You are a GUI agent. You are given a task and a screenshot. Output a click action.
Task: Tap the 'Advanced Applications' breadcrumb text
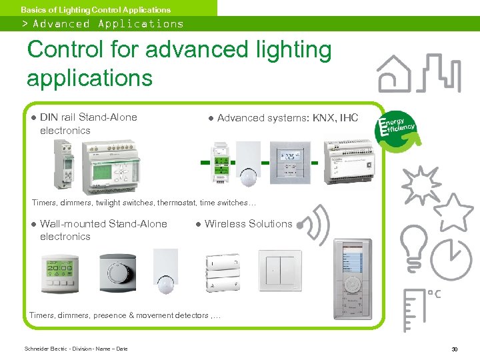(107, 24)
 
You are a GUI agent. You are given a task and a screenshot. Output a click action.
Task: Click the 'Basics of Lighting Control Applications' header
(95, 9)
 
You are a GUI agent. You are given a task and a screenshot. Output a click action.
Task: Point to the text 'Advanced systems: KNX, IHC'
(287, 118)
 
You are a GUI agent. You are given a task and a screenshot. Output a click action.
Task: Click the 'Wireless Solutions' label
(248, 224)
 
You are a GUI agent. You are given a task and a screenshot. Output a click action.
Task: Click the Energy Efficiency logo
(397, 127)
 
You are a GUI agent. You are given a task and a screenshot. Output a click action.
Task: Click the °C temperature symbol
(433, 293)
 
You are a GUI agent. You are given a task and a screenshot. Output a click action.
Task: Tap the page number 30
(454, 349)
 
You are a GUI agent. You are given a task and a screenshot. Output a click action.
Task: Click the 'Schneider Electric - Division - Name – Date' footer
(76, 349)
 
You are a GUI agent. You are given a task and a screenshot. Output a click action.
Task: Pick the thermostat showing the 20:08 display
(61, 273)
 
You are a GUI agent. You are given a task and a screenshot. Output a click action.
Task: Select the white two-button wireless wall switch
(280, 271)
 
